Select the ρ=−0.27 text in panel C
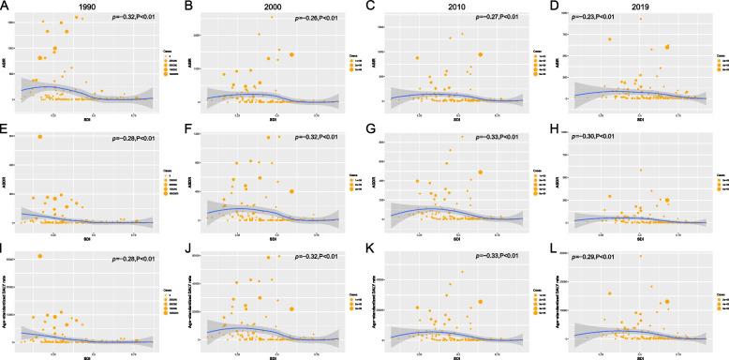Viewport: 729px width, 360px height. coord(498,19)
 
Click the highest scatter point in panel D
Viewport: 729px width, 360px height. coord(640,18)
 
